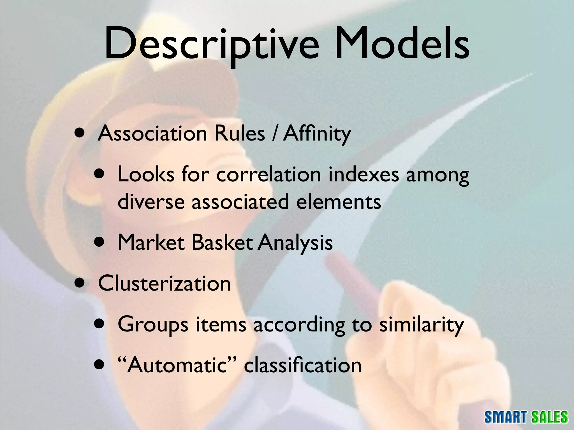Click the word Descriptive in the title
212,45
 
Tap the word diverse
151,201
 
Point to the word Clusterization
164,283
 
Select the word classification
303,365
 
